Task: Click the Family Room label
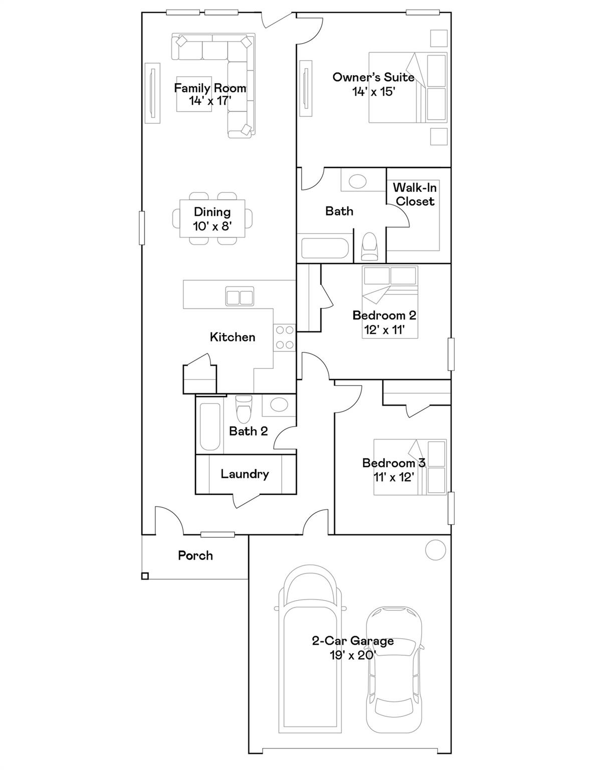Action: [x=210, y=88]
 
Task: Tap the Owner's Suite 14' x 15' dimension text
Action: [x=373, y=92]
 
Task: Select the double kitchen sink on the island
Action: [x=240, y=296]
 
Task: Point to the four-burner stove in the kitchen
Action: [x=285, y=337]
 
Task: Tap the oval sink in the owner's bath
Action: [x=358, y=181]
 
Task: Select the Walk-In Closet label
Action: [x=415, y=194]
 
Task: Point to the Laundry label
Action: [x=245, y=474]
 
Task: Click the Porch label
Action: [x=195, y=555]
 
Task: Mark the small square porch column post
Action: [x=145, y=576]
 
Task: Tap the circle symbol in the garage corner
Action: [x=435, y=550]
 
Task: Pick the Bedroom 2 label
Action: [x=384, y=315]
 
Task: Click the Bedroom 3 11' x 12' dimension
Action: [x=394, y=477]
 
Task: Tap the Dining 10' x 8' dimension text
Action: [x=212, y=226]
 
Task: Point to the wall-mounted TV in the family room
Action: [x=153, y=93]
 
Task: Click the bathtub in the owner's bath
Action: [x=325, y=248]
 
